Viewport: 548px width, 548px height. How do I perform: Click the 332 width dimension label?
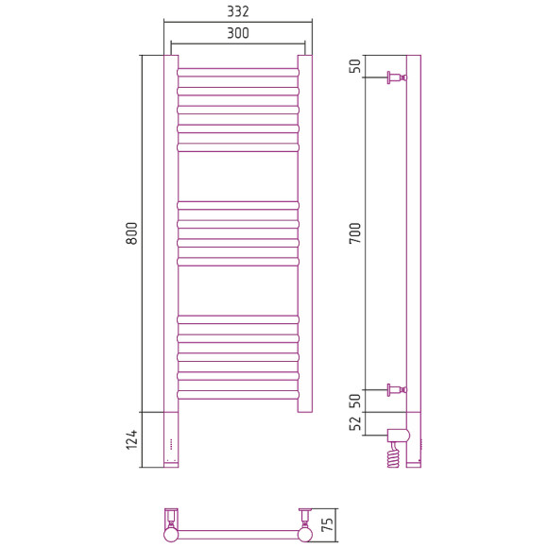(238, 11)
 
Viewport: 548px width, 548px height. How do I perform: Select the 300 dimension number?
(238, 33)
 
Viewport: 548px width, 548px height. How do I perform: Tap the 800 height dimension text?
(131, 233)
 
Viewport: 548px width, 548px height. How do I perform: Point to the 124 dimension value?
(131, 439)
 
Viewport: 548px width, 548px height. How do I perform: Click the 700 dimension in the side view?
(354, 233)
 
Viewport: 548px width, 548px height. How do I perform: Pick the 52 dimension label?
(354, 423)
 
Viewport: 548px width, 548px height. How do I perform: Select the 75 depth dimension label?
(327, 525)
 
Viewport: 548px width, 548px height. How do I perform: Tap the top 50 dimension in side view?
(354, 66)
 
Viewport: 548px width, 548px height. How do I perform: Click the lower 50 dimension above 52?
(354, 401)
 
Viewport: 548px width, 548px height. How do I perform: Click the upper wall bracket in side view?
(397, 77)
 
